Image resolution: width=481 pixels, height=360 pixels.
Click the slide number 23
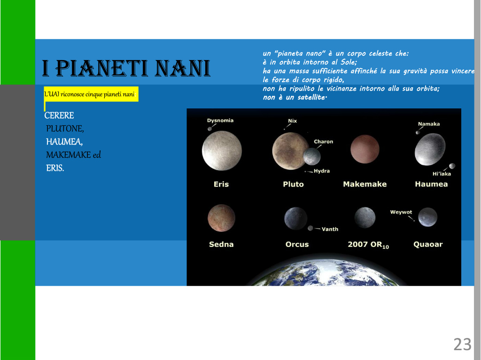462,345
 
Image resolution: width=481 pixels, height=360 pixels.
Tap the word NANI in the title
183,68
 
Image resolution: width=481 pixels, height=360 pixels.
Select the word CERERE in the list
59,115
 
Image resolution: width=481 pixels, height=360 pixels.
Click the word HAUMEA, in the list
64,142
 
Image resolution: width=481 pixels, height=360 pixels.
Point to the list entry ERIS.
55,168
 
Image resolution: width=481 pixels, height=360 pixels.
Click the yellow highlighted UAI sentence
90,94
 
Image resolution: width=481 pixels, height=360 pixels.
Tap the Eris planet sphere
222,151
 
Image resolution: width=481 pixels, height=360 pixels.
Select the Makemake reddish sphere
365,149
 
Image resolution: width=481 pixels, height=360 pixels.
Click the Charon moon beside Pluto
312,156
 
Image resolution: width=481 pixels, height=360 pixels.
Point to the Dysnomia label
220,120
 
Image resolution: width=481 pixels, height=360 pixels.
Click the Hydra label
322,171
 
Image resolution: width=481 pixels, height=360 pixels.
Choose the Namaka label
429,124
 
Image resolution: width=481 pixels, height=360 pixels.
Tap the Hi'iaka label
442,174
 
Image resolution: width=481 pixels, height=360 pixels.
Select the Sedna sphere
222,218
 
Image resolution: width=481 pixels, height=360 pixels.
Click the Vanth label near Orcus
330,229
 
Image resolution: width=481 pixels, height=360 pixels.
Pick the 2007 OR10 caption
368,245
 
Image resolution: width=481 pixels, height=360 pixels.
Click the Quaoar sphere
427,217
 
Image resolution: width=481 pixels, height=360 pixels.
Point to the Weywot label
401,212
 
